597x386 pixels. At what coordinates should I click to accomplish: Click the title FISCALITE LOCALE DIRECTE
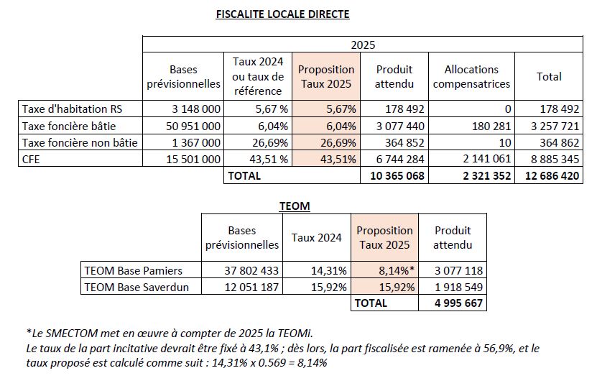tap(282, 14)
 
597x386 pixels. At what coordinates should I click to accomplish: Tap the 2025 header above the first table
tap(363, 45)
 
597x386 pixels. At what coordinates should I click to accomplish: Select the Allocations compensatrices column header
tap(471, 77)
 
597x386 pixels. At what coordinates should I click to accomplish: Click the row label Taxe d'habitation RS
tap(72, 109)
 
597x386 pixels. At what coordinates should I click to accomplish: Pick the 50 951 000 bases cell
tap(193, 126)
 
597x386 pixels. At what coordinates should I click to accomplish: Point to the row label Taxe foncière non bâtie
tap(80, 142)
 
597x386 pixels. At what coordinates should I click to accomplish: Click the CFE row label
tap(31, 160)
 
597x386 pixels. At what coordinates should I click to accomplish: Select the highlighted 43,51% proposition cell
tap(338, 160)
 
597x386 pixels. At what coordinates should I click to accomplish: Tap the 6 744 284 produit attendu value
tap(400, 160)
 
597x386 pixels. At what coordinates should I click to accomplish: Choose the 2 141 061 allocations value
tap(487, 159)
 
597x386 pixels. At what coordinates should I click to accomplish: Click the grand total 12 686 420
tap(552, 175)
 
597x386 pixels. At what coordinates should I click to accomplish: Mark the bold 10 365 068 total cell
tap(397, 175)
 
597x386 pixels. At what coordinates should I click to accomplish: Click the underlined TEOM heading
tap(295, 206)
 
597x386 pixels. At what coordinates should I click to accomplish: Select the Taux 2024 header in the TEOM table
tap(316, 238)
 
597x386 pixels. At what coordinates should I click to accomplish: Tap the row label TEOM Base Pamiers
tap(133, 270)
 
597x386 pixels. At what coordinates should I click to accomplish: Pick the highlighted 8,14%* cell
tap(397, 270)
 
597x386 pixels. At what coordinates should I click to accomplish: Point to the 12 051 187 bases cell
tap(251, 287)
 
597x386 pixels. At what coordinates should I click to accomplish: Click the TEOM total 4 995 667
tap(459, 303)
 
